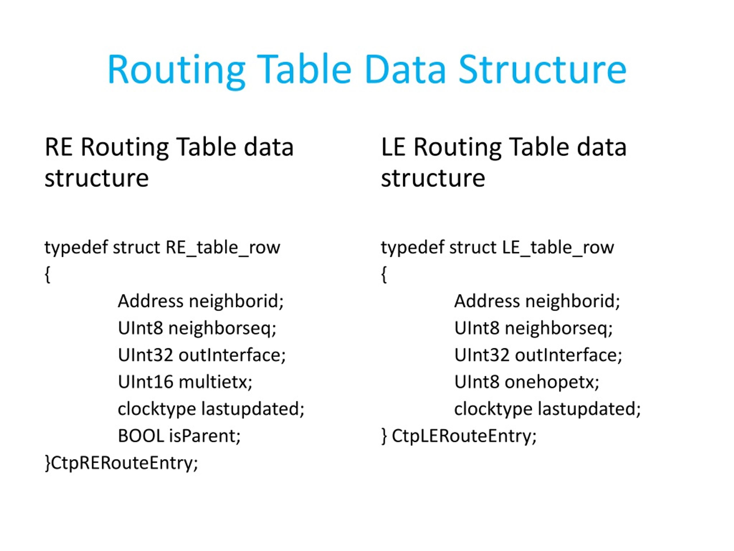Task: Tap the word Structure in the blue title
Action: point(542,69)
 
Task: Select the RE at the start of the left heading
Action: point(58,147)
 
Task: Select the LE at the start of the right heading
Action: point(393,147)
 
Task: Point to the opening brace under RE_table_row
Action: point(47,274)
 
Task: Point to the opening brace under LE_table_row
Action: point(384,274)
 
